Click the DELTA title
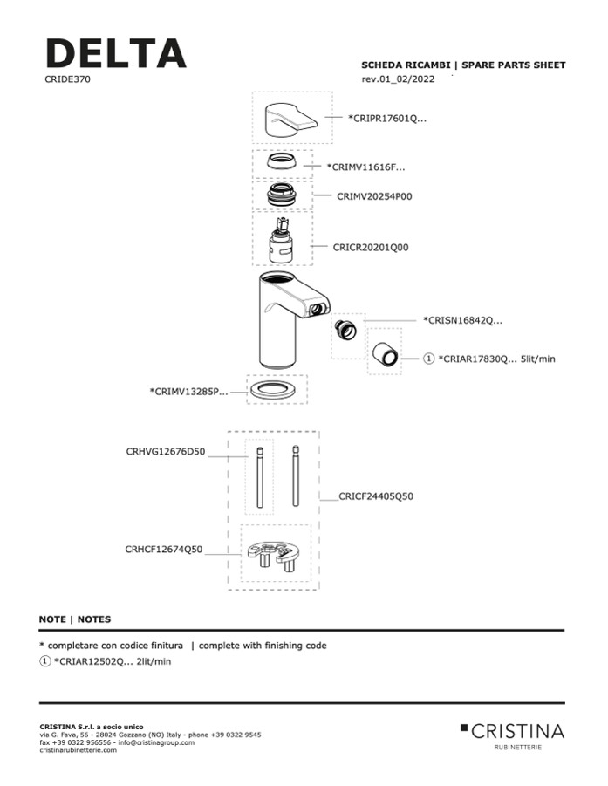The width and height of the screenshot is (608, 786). (x=115, y=54)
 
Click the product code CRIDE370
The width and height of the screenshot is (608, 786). (x=67, y=79)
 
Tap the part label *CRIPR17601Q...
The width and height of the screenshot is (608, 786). (x=387, y=119)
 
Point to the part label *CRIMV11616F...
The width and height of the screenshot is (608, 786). (x=365, y=166)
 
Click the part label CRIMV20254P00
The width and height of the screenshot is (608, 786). (x=374, y=197)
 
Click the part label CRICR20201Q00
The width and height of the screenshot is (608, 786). (x=371, y=247)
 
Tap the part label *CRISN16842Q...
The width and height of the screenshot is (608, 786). (x=463, y=320)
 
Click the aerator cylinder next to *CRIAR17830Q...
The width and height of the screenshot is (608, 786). (x=385, y=354)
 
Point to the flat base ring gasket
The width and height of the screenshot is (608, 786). (x=277, y=392)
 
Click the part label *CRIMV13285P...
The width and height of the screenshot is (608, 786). (x=188, y=392)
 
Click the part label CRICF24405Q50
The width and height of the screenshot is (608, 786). (x=377, y=496)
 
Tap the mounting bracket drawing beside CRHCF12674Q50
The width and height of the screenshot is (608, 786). (x=274, y=556)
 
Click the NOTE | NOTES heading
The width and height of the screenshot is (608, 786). (x=75, y=619)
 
